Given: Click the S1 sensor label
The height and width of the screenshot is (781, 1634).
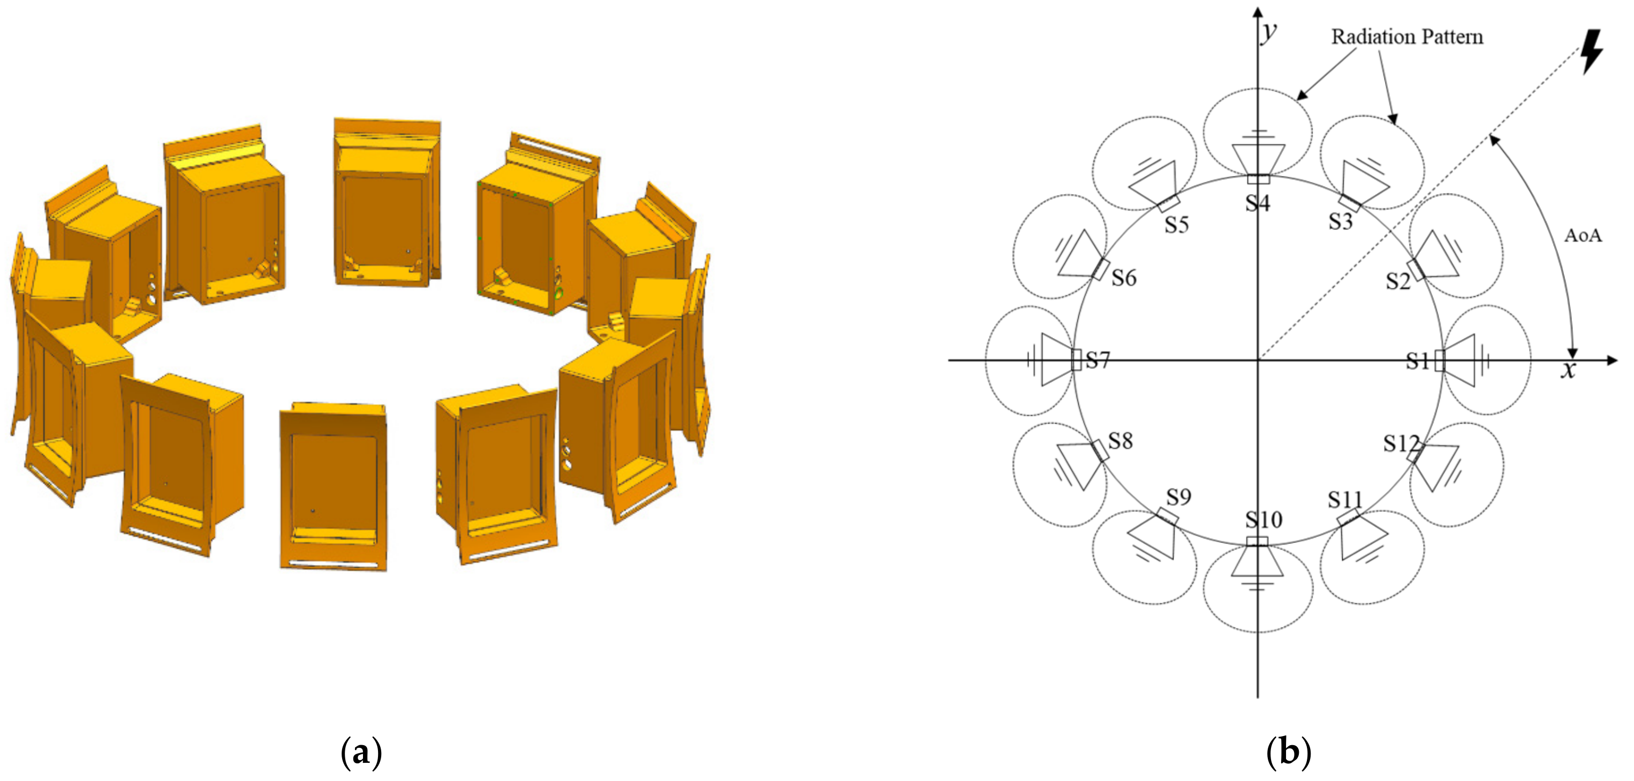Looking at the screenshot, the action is tap(1418, 361).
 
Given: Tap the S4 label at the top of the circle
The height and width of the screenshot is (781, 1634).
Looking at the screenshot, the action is tap(1257, 203).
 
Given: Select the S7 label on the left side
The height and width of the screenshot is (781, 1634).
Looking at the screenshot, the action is tap(1098, 360).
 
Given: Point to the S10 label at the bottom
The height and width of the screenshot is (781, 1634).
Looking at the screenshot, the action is tap(1264, 520).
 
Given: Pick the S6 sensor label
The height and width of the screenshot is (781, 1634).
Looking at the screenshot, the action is tap(1124, 278).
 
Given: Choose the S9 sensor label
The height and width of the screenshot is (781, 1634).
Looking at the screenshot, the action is tap(1178, 497).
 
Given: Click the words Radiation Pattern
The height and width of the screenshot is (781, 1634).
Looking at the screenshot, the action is tap(1407, 37).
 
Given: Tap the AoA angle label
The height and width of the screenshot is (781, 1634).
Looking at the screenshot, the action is tap(1583, 236).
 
